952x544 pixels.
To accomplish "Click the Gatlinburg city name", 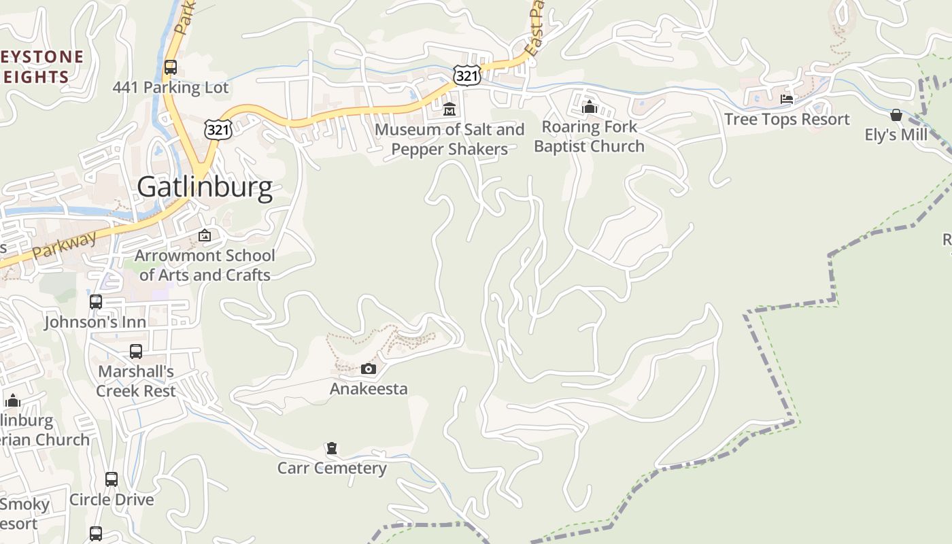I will click(x=205, y=186).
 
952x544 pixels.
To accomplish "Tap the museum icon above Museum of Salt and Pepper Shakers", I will click(x=449, y=108).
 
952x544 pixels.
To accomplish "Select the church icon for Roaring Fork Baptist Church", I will click(x=589, y=107).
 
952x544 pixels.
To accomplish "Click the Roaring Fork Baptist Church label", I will click(x=589, y=136).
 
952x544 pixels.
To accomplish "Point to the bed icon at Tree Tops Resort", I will click(x=787, y=99).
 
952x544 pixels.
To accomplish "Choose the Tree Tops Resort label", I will click(x=787, y=119).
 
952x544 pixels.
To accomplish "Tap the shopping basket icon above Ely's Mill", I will click(x=896, y=115).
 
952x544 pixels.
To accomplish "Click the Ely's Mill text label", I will click(x=896, y=135).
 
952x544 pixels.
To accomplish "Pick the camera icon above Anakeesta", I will click(x=369, y=369).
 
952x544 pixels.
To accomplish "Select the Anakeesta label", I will click(x=369, y=389).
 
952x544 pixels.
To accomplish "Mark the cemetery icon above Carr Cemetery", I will click(x=332, y=448).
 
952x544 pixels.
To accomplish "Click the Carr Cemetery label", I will click(x=332, y=468).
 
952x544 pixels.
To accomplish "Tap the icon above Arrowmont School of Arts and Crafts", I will click(x=205, y=236).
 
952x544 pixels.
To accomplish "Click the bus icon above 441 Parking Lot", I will click(x=171, y=67).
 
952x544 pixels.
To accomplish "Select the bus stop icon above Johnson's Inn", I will click(x=96, y=301).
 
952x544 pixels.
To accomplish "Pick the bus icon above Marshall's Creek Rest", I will click(x=136, y=352).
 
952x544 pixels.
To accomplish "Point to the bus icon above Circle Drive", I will click(x=112, y=479).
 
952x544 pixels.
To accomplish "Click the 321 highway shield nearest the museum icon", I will click(x=467, y=75).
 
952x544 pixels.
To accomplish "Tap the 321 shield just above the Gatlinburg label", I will click(x=218, y=129).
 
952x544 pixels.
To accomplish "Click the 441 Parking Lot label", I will click(x=171, y=87).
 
